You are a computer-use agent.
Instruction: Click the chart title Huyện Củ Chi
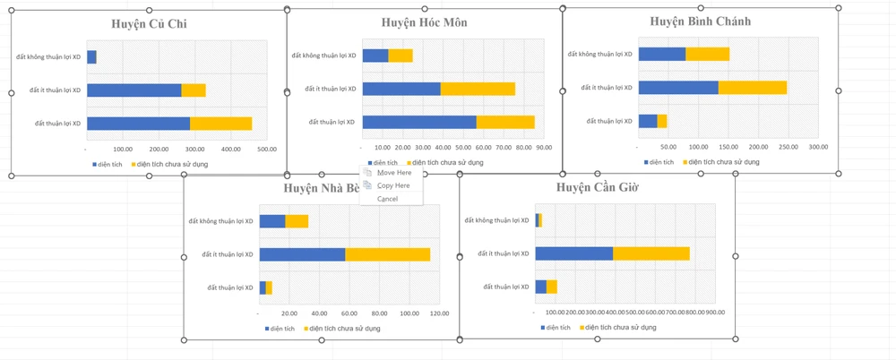click(149, 23)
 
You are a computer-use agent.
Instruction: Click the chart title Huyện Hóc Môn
click(424, 22)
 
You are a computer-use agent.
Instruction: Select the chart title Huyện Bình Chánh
click(701, 21)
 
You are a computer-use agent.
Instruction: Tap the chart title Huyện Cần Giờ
click(597, 187)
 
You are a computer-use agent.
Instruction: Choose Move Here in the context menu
click(394, 173)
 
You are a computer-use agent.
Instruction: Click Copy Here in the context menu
click(393, 185)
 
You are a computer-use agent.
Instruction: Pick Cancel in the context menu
click(387, 199)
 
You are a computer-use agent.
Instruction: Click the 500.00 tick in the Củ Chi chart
click(267, 150)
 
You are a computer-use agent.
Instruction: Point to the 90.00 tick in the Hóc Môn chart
click(543, 148)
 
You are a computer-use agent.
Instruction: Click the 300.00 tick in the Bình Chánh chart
click(818, 147)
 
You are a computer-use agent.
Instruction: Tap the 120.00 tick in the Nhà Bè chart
click(439, 313)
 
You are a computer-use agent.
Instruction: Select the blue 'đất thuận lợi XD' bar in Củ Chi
click(138, 124)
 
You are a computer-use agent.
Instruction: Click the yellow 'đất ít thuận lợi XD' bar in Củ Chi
click(194, 90)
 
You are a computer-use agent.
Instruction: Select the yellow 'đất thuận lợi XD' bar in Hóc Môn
click(505, 122)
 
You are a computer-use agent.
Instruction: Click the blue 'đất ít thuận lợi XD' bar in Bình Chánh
click(678, 88)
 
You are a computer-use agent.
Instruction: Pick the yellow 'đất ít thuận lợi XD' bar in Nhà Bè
click(387, 254)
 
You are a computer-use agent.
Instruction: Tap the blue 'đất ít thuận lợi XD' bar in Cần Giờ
click(574, 253)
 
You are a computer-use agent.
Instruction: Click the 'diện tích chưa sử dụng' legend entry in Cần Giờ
click(621, 328)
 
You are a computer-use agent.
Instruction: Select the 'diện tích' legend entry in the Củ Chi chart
click(108, 165)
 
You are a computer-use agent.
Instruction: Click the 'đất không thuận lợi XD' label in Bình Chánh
click(600, 55)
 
